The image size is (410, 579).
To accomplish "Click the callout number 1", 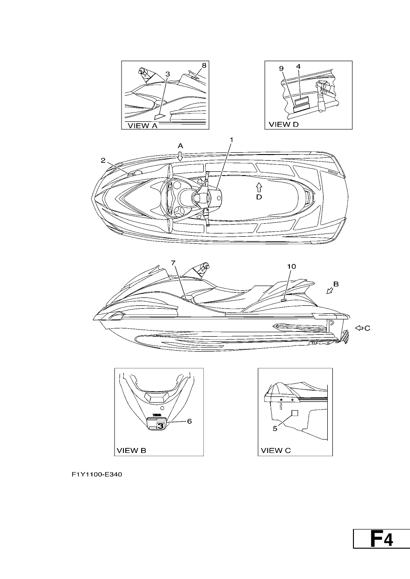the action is pyautogui.click(x=231, y=140).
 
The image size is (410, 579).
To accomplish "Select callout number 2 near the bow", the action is pyautogui.click(x=103, y=161).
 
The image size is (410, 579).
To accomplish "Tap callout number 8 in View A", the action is pyautogui.click(x=204, y=66).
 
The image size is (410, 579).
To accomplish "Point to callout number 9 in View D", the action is pyautogui.click(x=281, y=69).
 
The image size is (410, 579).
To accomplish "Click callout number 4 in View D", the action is pyautogui.click(x=298, y=66).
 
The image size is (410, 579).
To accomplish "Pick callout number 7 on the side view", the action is pyautogui.click(x=173, y=263).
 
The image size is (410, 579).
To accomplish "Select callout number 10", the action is pyautogui.click(x=291, y=267).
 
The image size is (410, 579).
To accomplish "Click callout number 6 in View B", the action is pyautogui.click(x=189, y=421).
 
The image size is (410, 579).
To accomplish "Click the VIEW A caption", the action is pyautogui.click(x=143, y=126).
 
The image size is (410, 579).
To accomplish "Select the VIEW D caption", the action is pyautogui.click(x=284, y=124).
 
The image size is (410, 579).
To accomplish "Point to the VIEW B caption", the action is pyautogui.click(x=131, y=451).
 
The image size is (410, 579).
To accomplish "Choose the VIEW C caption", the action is pyautogui.click(x=276, y=451).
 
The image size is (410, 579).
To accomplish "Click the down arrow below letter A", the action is pyautogui.click(x=180, y=156).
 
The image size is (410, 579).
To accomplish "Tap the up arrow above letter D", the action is pyautogui.click(x=259, y=187).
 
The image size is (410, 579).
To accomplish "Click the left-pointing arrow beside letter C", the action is pyautogui.click(x=359, y=328).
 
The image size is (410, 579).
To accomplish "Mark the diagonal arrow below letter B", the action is pyautogui.click(x=330, y=291).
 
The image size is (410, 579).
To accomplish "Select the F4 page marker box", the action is pyautogui.click(x=381, y=538).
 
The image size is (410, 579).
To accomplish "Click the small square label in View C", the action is pyautogui.click(x=295, y=413).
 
